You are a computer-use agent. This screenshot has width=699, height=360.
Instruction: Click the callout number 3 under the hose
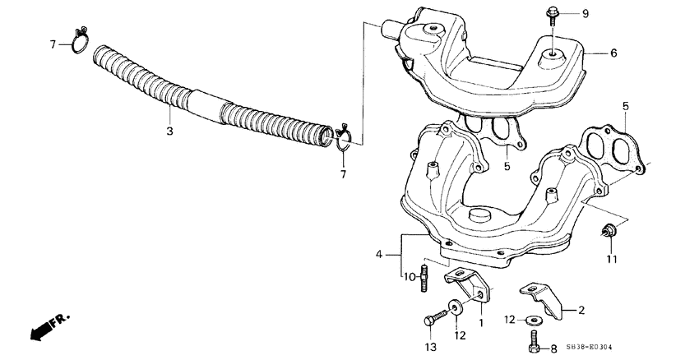coord(169,132)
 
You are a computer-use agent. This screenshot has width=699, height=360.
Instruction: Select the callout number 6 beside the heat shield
coord(613,53)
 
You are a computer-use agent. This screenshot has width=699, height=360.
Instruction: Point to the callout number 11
coord(611,261)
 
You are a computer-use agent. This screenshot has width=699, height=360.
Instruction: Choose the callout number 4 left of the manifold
coord(379,255)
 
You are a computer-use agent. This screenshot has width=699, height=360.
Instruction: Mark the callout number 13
coord(428,347)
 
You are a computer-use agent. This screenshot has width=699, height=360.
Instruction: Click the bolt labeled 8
coord(534,341)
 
